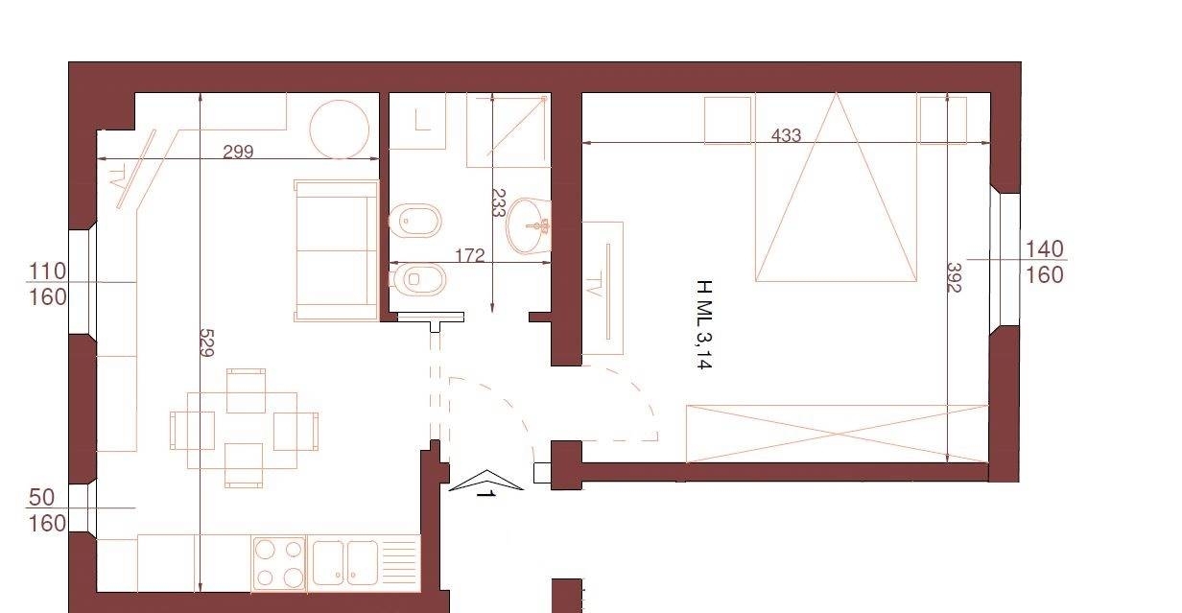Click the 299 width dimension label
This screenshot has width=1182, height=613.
238,152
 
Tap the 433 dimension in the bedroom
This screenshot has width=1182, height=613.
786,135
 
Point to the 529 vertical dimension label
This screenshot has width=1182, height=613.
206,342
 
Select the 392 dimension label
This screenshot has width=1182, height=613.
954,277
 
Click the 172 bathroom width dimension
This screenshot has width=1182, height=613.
470,256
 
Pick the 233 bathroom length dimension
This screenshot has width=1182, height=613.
498,203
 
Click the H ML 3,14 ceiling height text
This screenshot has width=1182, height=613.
704,324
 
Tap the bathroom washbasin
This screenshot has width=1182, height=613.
529,225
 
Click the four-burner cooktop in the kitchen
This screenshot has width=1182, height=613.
279,563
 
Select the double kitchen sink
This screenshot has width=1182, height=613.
345,563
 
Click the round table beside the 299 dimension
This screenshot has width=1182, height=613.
340,130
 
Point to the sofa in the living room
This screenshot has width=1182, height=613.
337,250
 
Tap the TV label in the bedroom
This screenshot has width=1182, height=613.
594,284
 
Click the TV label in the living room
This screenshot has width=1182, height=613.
118,176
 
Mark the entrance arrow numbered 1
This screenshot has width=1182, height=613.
486,482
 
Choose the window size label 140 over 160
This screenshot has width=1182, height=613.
1044,262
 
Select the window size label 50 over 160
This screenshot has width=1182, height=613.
47,510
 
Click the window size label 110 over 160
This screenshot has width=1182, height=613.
47,284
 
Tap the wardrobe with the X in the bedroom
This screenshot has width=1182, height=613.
838,434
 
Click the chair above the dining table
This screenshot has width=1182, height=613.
246,390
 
